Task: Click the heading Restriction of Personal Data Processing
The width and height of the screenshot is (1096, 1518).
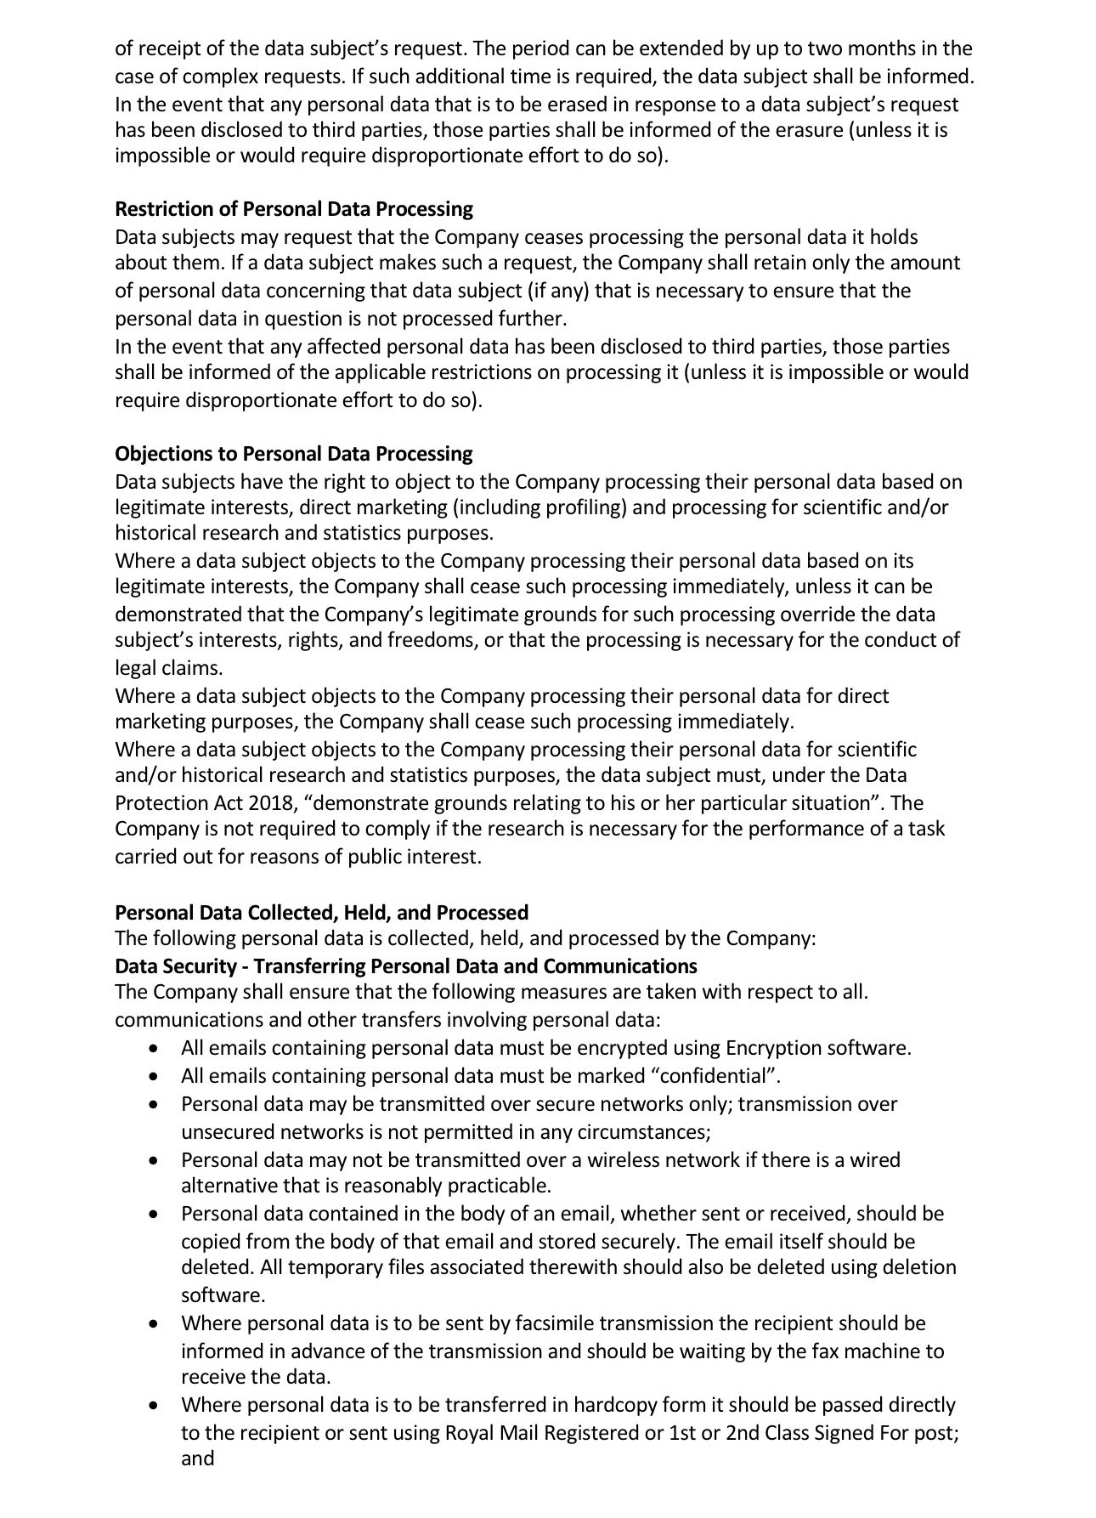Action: point(294,209)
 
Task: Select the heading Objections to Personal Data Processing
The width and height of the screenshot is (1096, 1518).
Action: point(293,454)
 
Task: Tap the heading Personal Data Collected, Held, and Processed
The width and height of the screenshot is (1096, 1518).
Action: point(321,913)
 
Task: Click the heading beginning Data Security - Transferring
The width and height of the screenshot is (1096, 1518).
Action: point(405,966)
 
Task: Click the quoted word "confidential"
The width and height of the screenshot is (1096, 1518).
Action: point(715,1076)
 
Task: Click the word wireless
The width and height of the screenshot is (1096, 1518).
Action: point(624,1160)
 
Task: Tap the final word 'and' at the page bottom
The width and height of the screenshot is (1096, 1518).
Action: point(197,1459)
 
